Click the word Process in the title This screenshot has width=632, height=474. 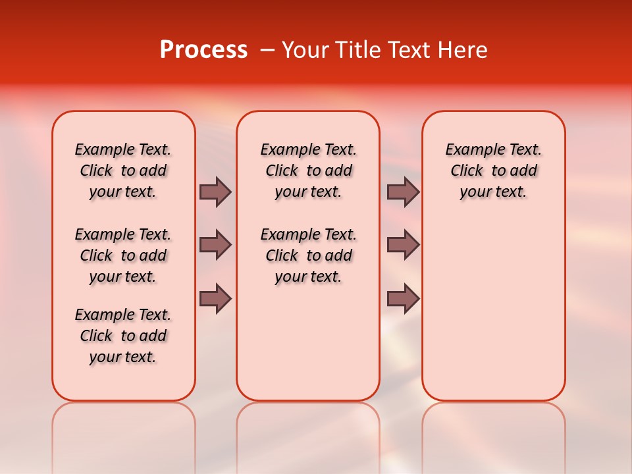tap(203, 50)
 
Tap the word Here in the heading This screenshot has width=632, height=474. tap(461, 50)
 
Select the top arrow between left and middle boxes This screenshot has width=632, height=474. tap(215, 192)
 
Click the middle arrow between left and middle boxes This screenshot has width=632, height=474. tap(215, 245)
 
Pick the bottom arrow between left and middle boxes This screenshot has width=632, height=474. tap(215, 298)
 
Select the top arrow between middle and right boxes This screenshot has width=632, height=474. tap(402, 192)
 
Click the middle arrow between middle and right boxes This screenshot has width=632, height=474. tap(402, 245)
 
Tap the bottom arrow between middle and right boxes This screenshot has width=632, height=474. tap(402, 298)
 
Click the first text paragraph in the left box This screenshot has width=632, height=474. tap(123, 171)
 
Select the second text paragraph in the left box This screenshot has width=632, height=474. tap(123, 255)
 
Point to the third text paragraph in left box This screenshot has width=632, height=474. tap(123, 336)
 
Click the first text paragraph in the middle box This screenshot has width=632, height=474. tap(308, 171)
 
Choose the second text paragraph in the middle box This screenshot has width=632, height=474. tap(308, 255)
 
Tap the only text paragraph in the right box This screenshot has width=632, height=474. tap(494, 171)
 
